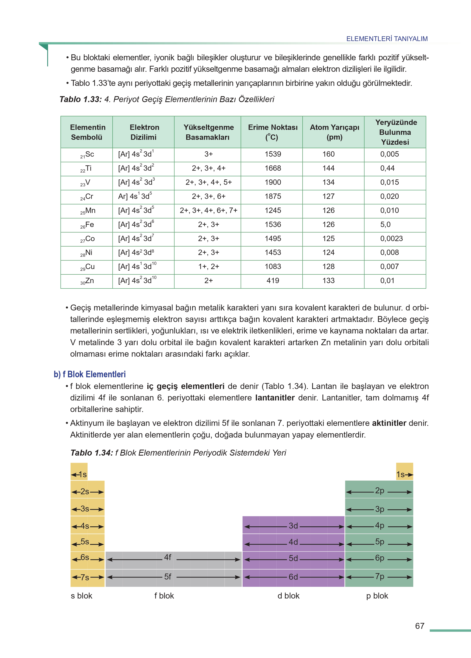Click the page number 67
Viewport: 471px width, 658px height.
click(419, 626)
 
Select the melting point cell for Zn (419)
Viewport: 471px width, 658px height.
click(273, 281)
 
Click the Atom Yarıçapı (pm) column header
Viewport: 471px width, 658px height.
click(334, 132)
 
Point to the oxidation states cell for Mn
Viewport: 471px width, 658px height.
click(208, 210)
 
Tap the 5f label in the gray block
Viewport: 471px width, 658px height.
click(168, 577)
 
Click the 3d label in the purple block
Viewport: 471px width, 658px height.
click(293, 526)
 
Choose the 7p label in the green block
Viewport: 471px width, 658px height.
click(379, 576)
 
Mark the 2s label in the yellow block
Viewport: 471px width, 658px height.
click(85, 492)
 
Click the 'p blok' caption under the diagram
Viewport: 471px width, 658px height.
click(377, 596)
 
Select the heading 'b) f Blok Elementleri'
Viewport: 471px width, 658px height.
click(90, 374)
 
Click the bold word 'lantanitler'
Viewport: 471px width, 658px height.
click(275, 398)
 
